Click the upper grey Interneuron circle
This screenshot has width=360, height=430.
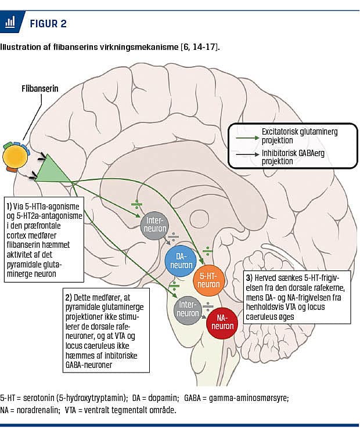click(154, 225)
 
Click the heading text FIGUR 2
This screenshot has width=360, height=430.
click(48, 24)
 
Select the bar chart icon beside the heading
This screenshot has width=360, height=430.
click(10, 23)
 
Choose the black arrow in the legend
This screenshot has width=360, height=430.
click(254, 154)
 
